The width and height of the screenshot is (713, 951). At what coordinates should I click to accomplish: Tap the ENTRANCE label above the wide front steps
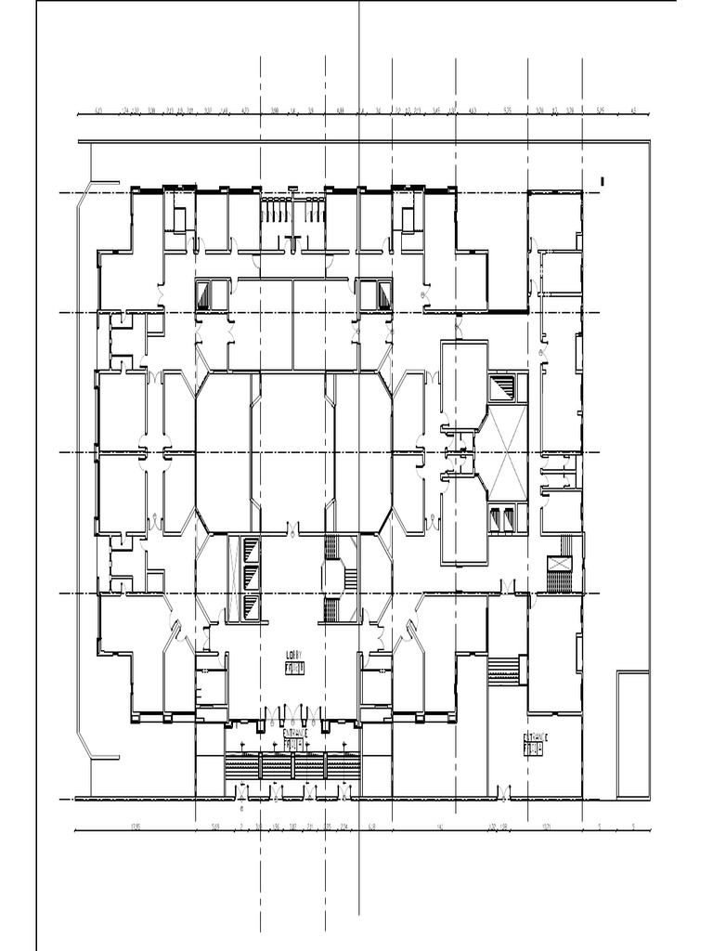pos(294,733)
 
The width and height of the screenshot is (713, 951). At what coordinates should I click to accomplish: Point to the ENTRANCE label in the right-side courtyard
pos(536,737)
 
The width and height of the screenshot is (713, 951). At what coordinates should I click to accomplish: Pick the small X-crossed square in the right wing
pos(560,564)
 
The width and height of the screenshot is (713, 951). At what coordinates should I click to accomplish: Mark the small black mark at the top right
pos(603,180)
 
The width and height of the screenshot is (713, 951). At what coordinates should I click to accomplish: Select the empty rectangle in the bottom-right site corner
pos(632,735)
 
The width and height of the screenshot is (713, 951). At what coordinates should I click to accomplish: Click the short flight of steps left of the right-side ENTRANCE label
pos(502,670)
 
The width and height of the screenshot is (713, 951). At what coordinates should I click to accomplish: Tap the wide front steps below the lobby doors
pos(292,767)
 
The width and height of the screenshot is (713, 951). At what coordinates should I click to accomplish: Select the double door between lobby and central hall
pos(293,531)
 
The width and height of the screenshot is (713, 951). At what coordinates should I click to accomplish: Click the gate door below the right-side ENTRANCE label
pos(503,793)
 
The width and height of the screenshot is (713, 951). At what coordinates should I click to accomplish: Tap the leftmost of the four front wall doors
pos(243,793)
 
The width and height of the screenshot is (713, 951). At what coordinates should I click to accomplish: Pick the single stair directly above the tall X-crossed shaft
pos(503,388)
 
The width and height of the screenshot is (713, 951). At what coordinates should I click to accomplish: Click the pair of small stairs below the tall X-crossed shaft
pos(502,517)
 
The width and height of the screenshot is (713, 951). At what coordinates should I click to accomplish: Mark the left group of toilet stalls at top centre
pos(273,212)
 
